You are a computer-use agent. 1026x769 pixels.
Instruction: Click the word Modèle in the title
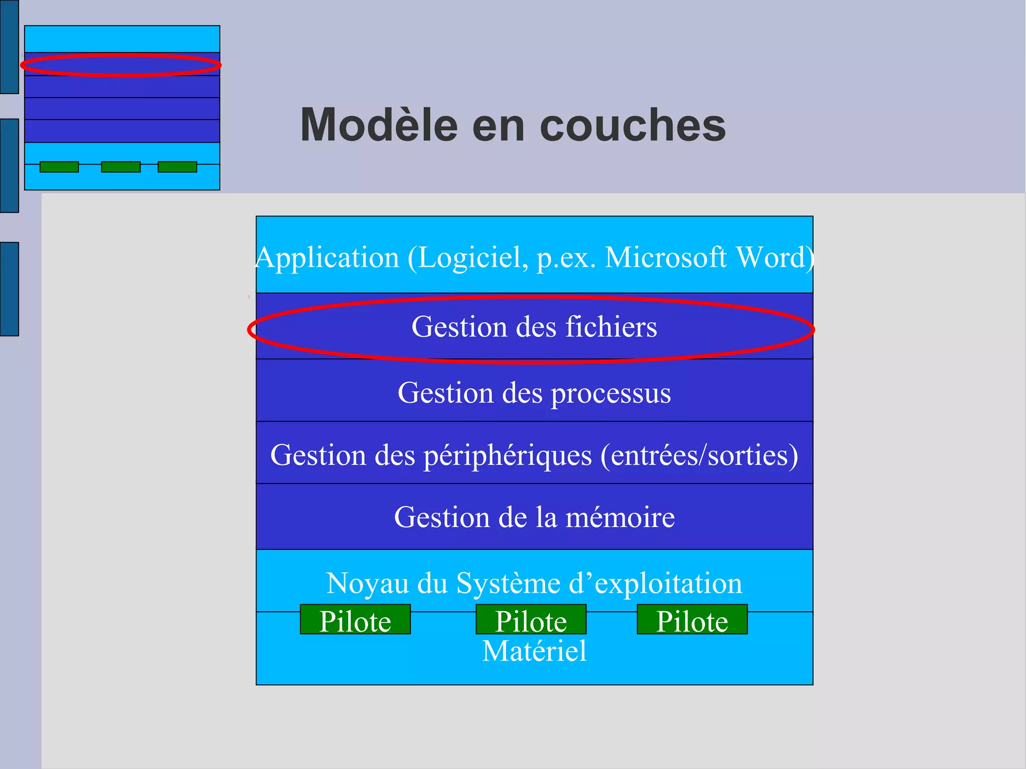(379, 125)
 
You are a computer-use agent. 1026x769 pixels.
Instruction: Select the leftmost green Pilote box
(355, 620)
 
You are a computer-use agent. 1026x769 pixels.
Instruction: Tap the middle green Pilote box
(531, 620)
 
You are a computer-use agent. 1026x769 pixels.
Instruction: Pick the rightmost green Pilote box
(692, 620)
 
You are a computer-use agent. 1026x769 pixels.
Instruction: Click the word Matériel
(534, 651)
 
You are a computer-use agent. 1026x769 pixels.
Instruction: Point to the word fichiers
(611, 327)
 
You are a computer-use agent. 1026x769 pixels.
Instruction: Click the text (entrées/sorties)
(699, 455)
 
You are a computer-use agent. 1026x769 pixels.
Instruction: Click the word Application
(327, 258)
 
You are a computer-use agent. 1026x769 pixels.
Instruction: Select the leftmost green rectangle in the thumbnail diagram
(59, 167)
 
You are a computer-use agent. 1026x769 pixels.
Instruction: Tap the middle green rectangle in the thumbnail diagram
(121, 167)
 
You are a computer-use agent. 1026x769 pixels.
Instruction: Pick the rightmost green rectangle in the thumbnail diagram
(177, 167)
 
